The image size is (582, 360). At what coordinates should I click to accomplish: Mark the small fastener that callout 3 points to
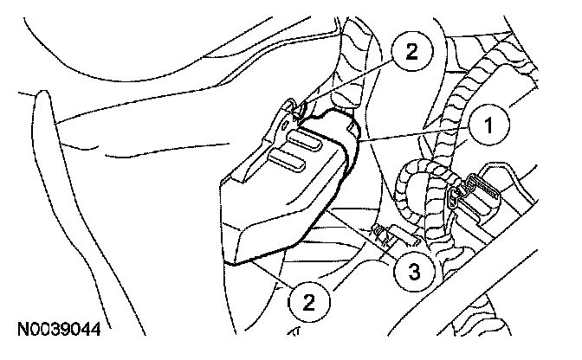(382, 232)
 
